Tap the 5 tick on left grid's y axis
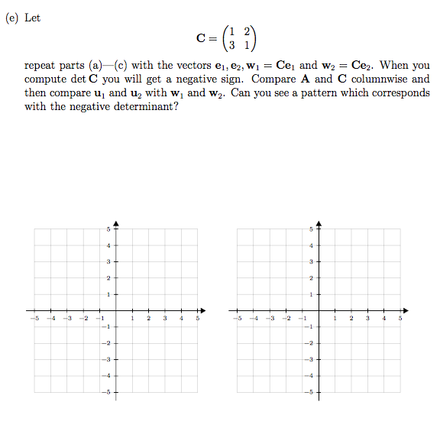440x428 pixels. coord(108,229)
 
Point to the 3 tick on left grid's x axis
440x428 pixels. coord(165,317)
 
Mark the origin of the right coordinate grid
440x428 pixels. coord(319,310)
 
